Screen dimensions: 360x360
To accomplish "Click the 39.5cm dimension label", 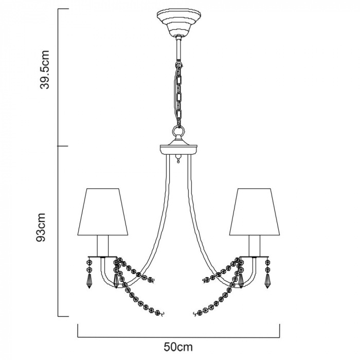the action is coord(45,69).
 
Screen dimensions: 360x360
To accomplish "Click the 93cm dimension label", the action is coord(41,227).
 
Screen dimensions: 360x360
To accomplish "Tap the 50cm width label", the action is coord(178,347).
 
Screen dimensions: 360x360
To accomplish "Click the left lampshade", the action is coord(102,212).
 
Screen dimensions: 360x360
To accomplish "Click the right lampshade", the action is coord(255,212).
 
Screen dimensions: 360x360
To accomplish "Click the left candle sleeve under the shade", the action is coord(102,246).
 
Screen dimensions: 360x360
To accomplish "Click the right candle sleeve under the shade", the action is coord(255,246).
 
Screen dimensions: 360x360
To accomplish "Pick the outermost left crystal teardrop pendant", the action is coord(89,281).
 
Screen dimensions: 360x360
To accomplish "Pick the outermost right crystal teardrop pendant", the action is coord(267,281).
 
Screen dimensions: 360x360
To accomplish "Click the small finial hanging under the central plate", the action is coord(178,158).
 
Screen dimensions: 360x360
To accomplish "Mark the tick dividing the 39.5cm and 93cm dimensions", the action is coord(63,146).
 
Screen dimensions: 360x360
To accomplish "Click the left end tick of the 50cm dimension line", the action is coord(78,331).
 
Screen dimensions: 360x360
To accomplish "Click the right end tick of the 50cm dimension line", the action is coord(279,331).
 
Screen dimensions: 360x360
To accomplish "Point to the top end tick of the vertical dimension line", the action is coord(63,9).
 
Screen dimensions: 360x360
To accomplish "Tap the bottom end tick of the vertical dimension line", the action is coord(63,317).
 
